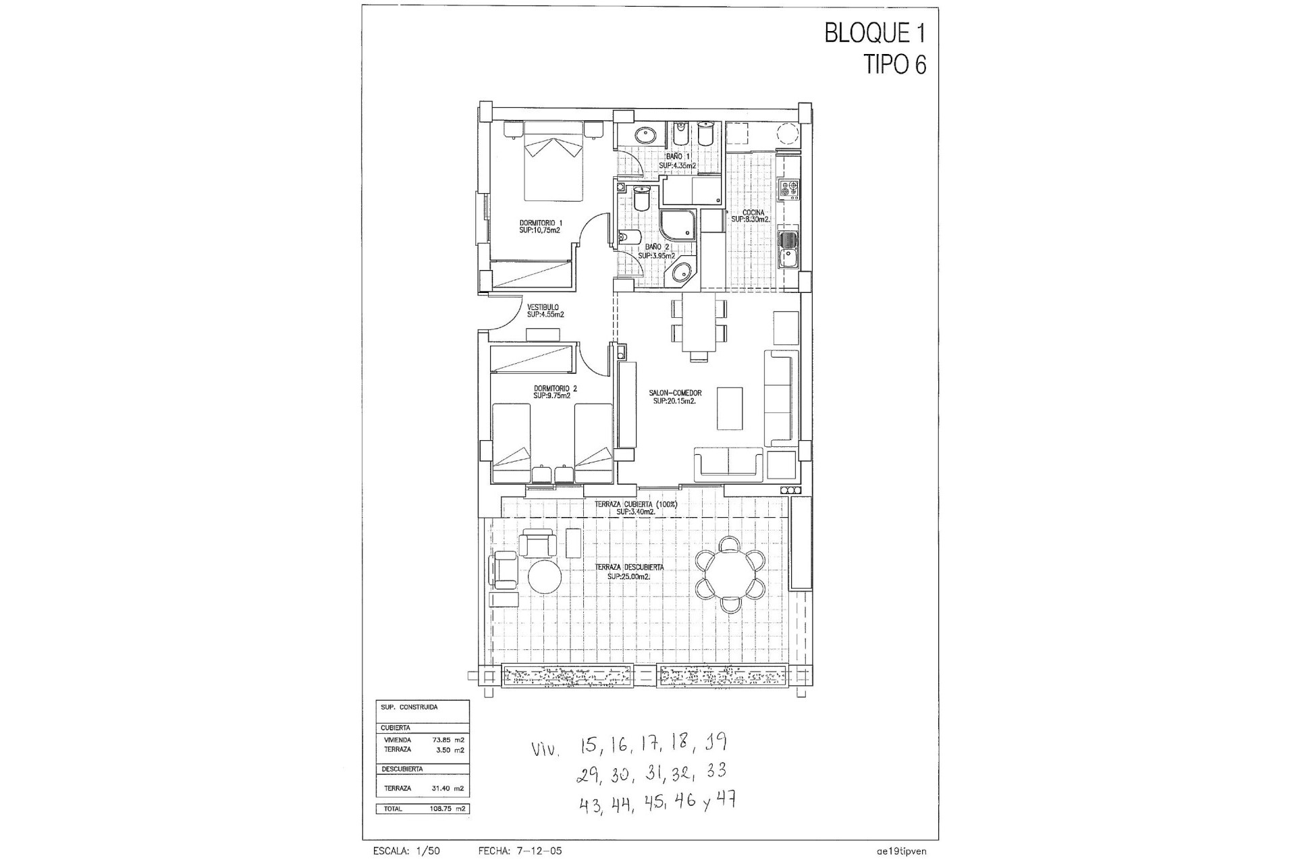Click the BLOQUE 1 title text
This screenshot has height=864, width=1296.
coord(875,33)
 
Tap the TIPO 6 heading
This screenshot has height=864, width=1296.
coord(894,64)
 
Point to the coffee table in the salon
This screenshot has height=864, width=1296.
coord(730,408)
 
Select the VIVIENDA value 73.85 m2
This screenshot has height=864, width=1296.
coord(448,740)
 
